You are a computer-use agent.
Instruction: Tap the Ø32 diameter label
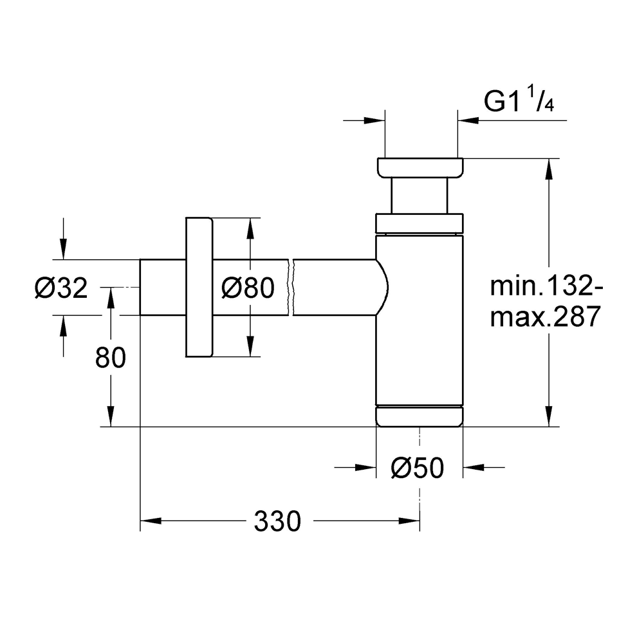coord(60,289)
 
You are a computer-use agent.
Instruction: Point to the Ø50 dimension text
coord(417,468)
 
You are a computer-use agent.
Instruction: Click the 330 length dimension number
coord(277,521)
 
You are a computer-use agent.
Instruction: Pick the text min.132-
coord(546,286)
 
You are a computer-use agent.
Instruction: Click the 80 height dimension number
coord(111,358)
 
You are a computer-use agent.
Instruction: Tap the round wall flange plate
coord(198,287)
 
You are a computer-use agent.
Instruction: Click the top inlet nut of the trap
coord(419,167)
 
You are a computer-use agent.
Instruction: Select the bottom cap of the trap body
coord(419,416)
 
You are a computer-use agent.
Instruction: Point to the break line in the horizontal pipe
coord(292,287)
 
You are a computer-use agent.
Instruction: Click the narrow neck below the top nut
coord(419,195)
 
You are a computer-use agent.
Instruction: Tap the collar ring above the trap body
coord(419,221)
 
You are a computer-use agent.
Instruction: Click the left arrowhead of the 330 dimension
coord(149,521)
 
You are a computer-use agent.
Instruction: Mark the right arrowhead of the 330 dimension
coord(412,521)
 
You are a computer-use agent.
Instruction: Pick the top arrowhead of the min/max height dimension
coord(548,166)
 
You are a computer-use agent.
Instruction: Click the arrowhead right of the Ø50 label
coord(472,468)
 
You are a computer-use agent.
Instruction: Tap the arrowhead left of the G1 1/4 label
coord(376,120)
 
